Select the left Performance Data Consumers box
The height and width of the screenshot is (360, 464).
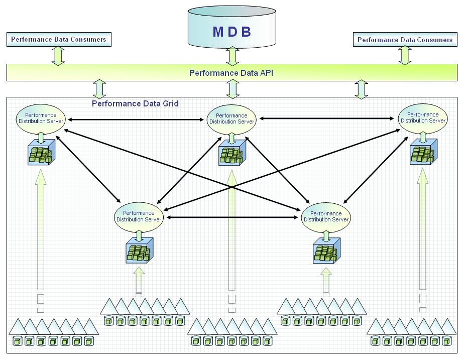coord(59,39)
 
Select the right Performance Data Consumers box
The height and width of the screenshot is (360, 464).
coord(405,40)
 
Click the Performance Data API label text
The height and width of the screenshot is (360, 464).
coord(231,73)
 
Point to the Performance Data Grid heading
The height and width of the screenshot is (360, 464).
coord(135,104)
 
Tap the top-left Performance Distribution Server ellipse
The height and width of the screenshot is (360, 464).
coord(41,118)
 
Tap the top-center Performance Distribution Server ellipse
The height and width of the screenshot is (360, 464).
coord(231,119)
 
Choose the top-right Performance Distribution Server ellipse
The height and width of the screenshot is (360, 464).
coord(423,118)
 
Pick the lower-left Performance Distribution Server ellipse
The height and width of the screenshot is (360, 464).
coord(139,216)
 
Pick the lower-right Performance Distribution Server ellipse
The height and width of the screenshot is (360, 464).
coord(326,217)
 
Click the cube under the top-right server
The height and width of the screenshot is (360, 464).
coord(423,153)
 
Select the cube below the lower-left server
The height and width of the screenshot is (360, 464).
coord(139,251)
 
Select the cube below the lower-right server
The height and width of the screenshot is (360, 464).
coord(326,251)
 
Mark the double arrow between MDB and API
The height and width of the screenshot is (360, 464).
coord(231,56)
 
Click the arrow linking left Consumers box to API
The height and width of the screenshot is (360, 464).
coord(59,55)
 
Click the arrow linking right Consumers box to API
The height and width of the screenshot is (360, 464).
coord(405,55)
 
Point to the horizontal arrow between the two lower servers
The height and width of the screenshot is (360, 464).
coord(233,218)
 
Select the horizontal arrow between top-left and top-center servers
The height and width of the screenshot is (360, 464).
coord(136,119)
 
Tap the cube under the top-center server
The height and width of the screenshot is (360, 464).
coord(232,153)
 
